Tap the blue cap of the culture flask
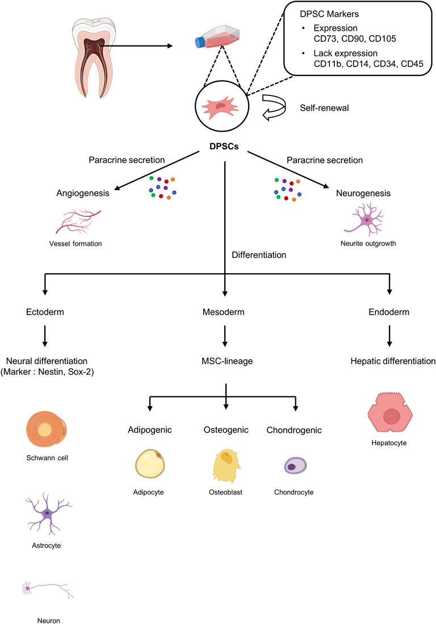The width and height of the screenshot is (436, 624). [x=200, y=42]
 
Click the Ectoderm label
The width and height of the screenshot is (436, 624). [x=44, y=312]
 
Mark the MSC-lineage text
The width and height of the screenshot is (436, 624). [x=226, y=361]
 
